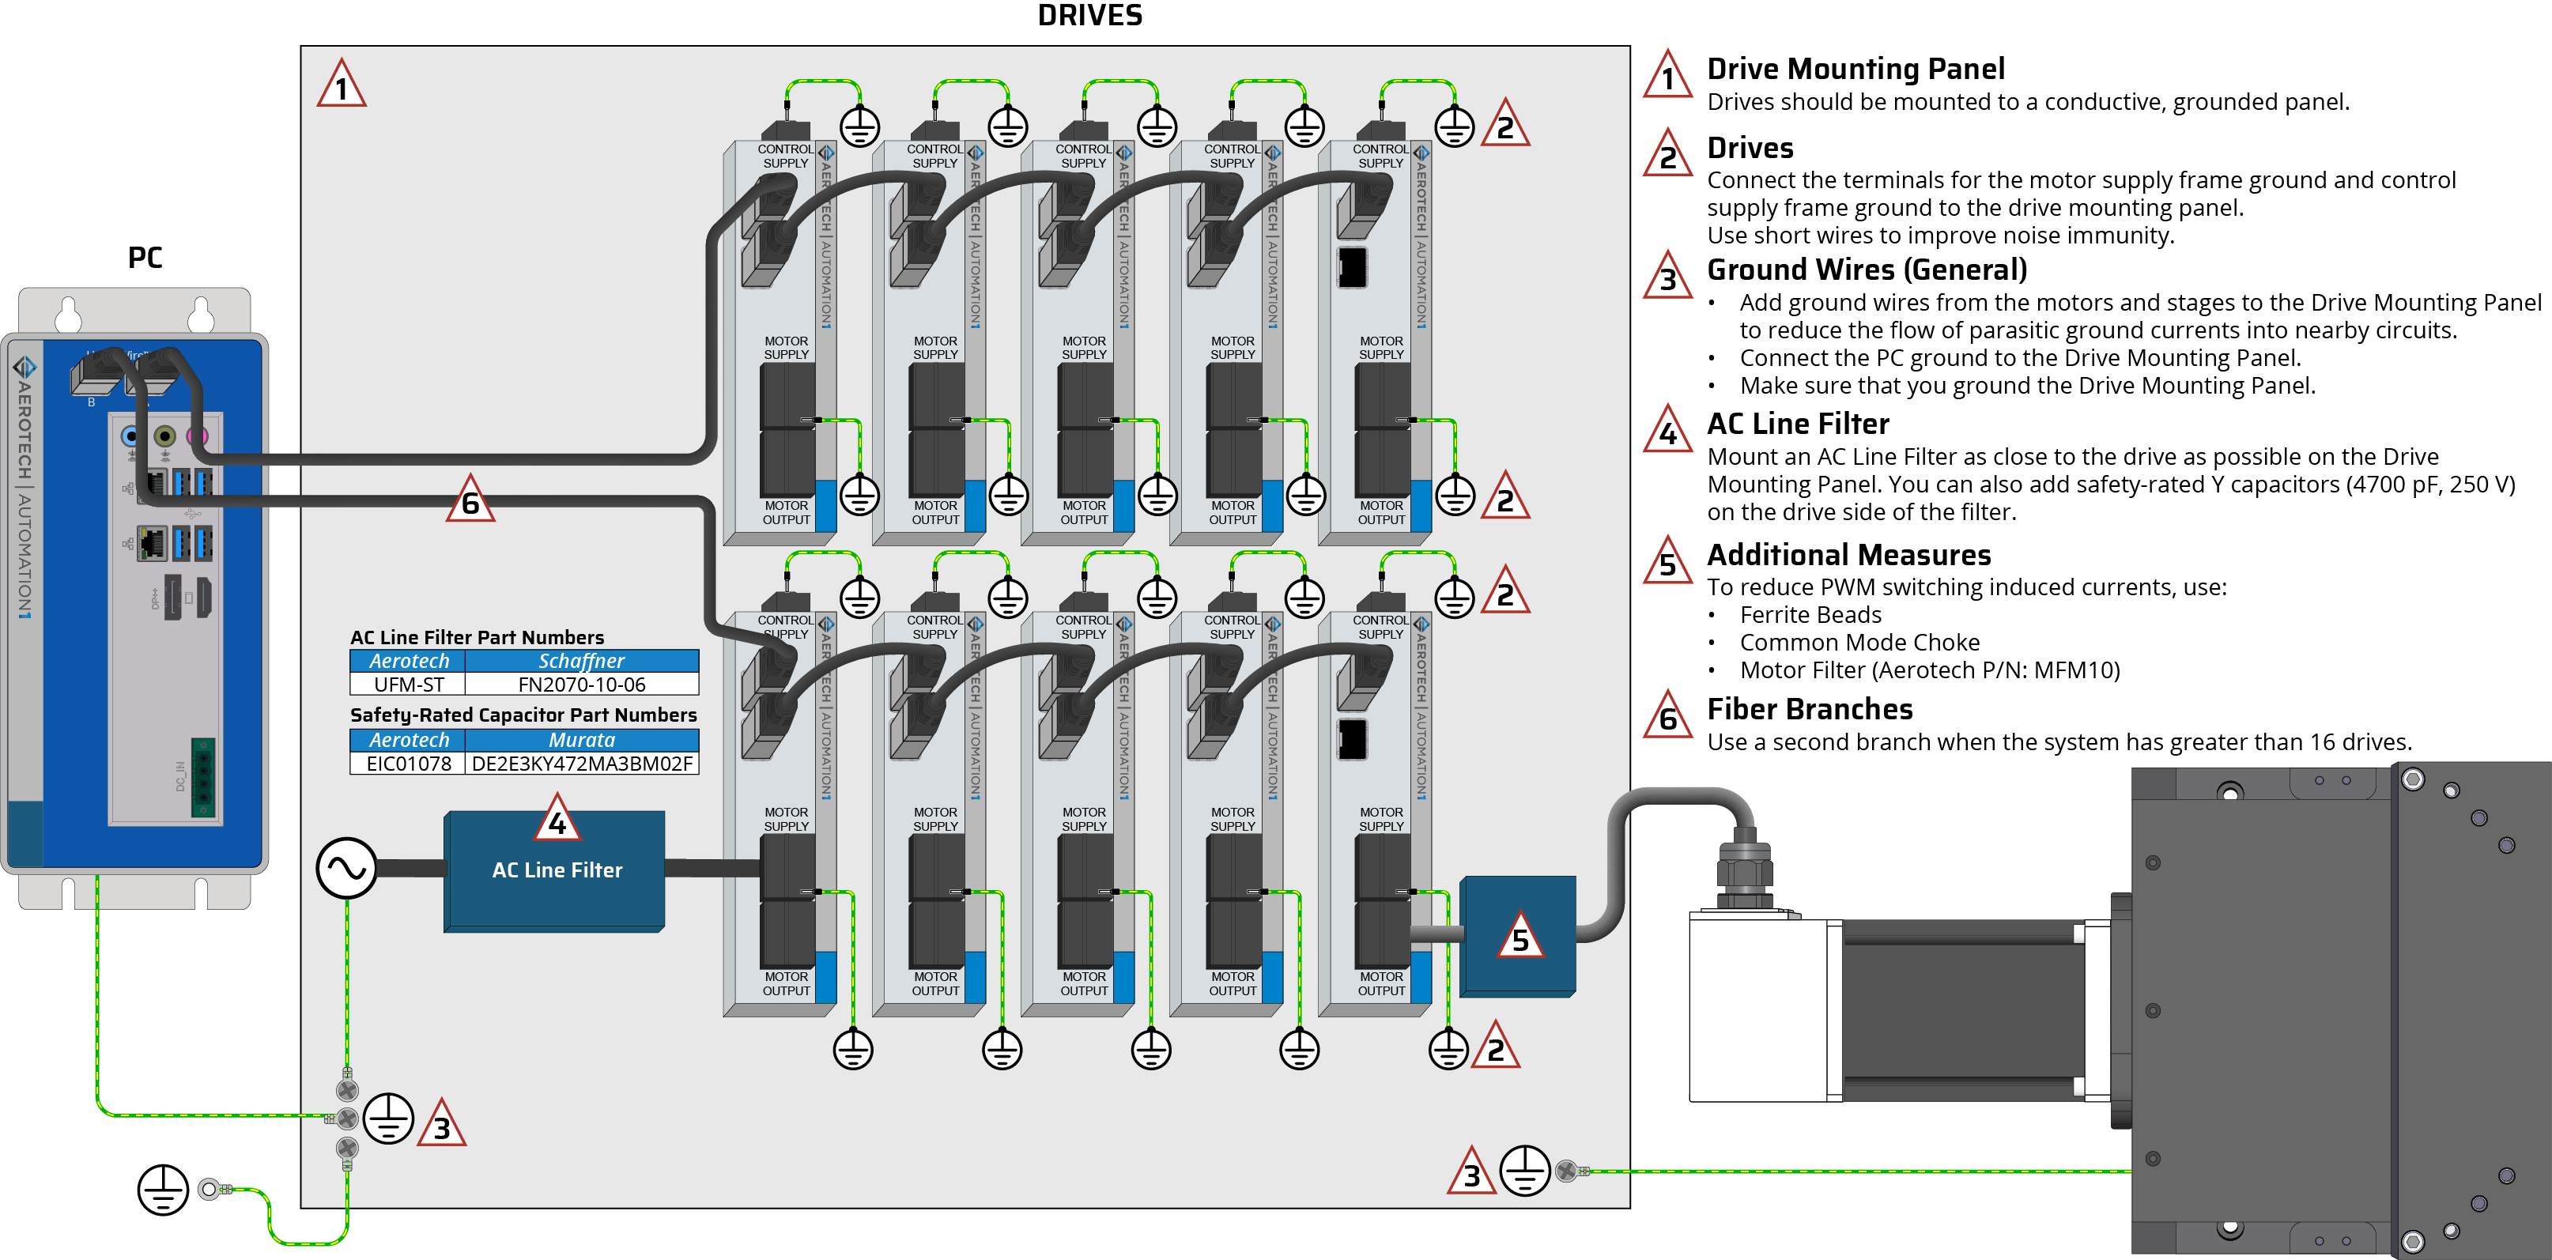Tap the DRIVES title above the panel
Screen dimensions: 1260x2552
pyautogui.click(x=1089, y=16)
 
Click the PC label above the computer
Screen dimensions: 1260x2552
pyautogui.click(x=145, y=258)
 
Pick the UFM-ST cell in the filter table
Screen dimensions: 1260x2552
pyautogui.click(x=408, y=685)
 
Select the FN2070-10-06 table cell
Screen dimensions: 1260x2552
pyautogui.click(x=582, y=685)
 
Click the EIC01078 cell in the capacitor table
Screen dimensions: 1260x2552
pyautogui.click(x=408, y=764)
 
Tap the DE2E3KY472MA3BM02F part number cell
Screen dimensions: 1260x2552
pyautogui.click(x=582, y=764)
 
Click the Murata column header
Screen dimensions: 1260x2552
pyautogui.click(x=582, y=740)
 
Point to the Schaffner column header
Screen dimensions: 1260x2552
pyautogui.click(x=582, y=661)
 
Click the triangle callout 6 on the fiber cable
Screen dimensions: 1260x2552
pyautogui.click(x=470, y=500)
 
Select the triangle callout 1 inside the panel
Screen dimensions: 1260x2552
pyautogui.click(x=342, y=86)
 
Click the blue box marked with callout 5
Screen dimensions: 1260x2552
pyautogui.click(x=1518, y=936)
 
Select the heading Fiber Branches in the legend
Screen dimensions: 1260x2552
pyautogui.click(x=1809, y=709)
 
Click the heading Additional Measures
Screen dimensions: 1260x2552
pyautogui.click(x=1848, y=555)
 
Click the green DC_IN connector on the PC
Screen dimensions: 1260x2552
pyautogui.click(x=203, y=778)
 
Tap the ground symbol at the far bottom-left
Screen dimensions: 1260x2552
pyautogui.click(x=163, y=1189)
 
